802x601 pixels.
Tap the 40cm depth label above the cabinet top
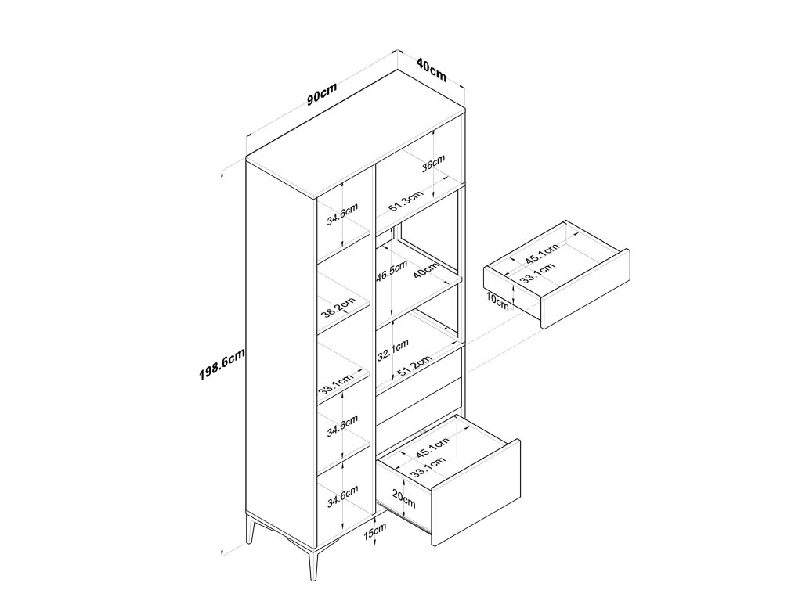tap(432, 70)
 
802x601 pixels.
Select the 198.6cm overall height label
tap(222, 364)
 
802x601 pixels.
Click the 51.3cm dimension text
tap(406, 203)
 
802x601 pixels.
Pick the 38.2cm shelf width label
tap(338, 308)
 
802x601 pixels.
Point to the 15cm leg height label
tap(376, 533)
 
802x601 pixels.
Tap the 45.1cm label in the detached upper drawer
tap(542, 255)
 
